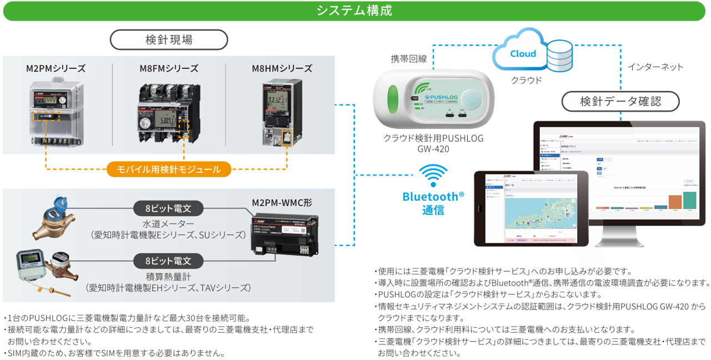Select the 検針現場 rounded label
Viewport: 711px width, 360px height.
pyautogui.click(x=169, y=40)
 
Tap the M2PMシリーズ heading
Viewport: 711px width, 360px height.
pyautogui.click(x=56, y=68)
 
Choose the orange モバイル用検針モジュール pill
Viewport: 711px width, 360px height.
pyautogui.click(x=168, y=169)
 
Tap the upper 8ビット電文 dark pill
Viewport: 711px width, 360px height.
pyautogui.click(x=168, y=208)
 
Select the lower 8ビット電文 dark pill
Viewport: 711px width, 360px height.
pyautogui.click(x=168, y=260)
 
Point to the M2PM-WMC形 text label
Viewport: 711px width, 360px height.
pyautogui.click(x=282, y=203)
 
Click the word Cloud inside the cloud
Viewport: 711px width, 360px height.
pyautogui.click(x=523, y=53)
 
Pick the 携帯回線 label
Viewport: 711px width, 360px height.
pyautogui.click(x=408, y=58)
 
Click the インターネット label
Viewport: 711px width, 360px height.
pyautogui.click(x=655, y=67)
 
